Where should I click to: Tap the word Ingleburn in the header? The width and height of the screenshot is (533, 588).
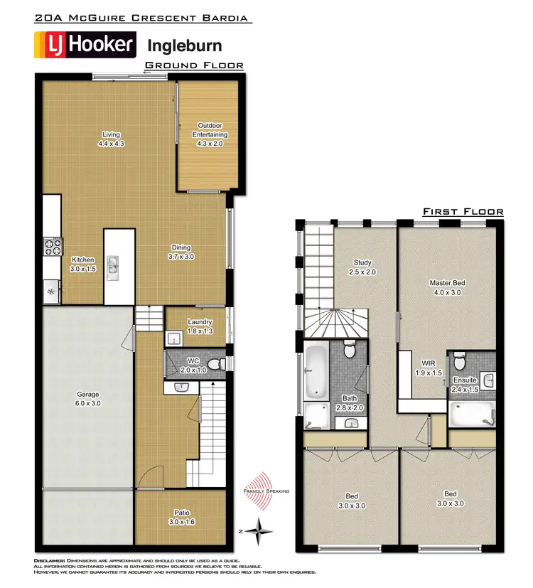tap(184, 46)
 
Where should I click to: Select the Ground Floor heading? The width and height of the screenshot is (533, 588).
tap(194, 65)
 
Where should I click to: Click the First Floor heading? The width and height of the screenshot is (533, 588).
tap(463, 211)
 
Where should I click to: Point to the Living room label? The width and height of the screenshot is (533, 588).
tap(111, 134)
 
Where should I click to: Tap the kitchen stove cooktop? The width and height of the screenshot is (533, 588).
tap(52, 247)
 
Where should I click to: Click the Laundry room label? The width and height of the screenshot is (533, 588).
tap(200, 322)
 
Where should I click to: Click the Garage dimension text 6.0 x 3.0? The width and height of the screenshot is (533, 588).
tap(88, 403)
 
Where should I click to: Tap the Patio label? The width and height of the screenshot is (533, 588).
tap(182, 513)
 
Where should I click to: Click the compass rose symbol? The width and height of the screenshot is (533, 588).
tap(262, 530)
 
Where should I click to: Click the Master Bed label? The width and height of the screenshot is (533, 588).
tap(446, 283)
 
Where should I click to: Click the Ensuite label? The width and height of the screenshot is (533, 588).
tap(465, 380)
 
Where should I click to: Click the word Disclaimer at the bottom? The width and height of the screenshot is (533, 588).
tap(50, 562)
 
